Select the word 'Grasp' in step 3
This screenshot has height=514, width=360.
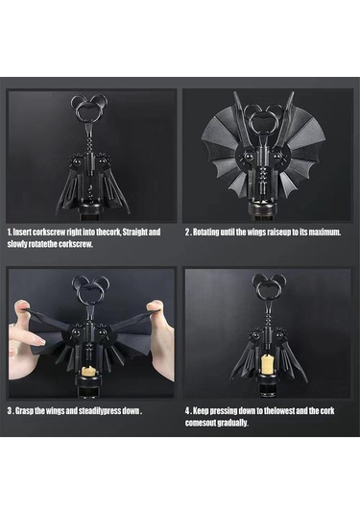[x=24, y=411]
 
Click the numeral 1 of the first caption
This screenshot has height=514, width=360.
[x=10, y=233]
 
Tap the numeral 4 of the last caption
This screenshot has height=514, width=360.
[x=187, y=411]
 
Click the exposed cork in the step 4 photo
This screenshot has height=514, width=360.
[x=267, y=364]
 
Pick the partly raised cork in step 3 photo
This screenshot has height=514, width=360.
[x=86, y=371]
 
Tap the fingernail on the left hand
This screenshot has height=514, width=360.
[x=39, y=341]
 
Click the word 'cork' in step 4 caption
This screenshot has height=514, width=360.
[x=327, y=411]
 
